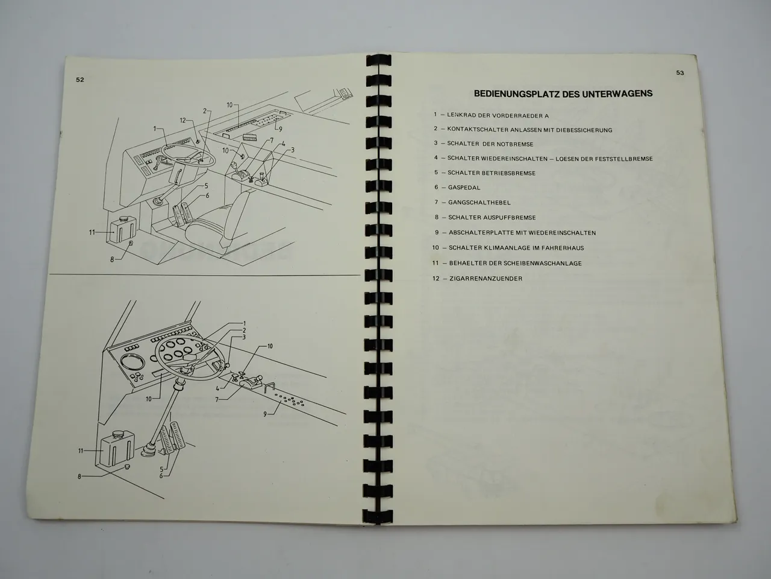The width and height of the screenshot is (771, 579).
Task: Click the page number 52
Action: tap(80, 80)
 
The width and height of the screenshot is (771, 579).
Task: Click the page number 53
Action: tap(680, 73)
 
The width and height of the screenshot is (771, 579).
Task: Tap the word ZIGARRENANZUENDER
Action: tap(485, 279)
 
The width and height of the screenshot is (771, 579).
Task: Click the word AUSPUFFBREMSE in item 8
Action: tap(510, 218)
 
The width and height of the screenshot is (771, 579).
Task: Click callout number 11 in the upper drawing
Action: tap(92, 232)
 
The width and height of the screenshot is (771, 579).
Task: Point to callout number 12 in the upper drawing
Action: tap(183, 120)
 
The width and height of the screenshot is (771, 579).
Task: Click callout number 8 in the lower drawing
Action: tap(80, 476)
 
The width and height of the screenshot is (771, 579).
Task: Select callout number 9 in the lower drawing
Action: tap(265, 414)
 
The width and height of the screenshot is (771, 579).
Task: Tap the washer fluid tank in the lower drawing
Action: tap(117, 448)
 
